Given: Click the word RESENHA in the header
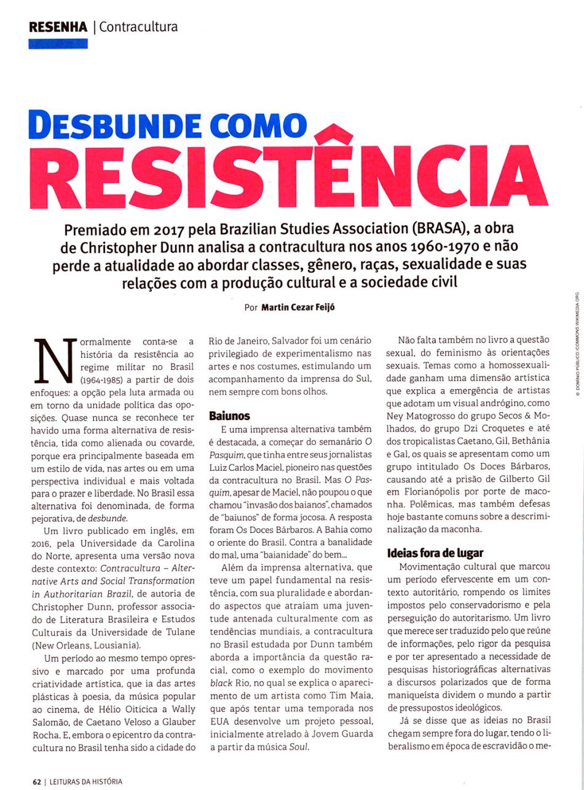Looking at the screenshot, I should (x=58, y=27).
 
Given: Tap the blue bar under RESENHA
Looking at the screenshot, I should (x=58, y=44).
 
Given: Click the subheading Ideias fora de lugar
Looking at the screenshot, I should (x=435, y=552).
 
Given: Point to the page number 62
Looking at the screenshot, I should (x=37, y=781).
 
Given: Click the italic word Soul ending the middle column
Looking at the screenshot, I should (x=299, y=747).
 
